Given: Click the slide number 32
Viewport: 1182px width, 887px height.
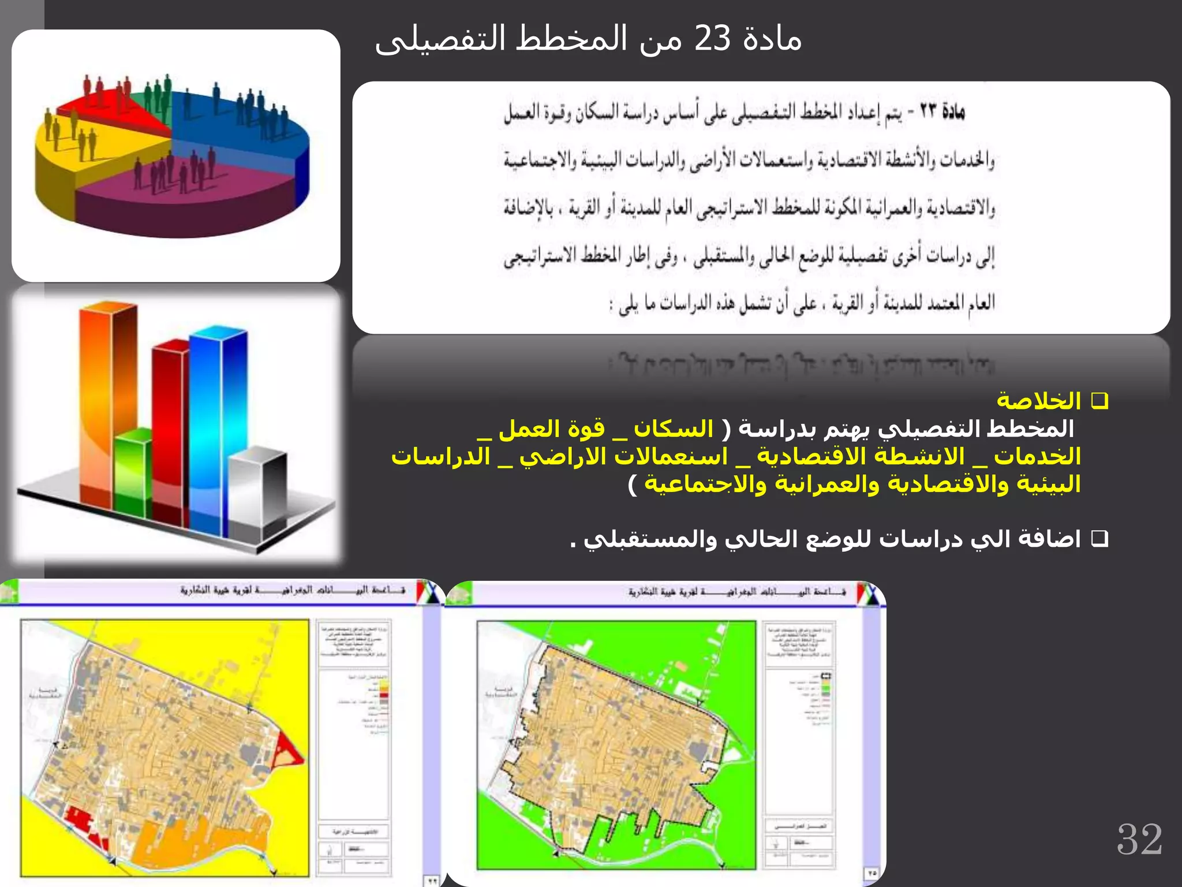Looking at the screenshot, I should coord(1139,839).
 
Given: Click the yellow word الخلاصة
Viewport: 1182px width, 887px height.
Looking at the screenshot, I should coord(1038,401).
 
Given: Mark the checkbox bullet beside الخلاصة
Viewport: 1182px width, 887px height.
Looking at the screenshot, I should coord(1099,401).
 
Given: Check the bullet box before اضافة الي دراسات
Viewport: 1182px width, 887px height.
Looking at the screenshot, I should coord(1099,539).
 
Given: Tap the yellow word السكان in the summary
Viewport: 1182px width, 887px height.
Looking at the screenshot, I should coord(674,428).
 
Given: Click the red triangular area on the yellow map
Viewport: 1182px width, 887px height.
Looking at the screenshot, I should coord(288,748).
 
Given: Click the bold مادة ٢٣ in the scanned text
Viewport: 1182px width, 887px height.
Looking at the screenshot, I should coord(942,111).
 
